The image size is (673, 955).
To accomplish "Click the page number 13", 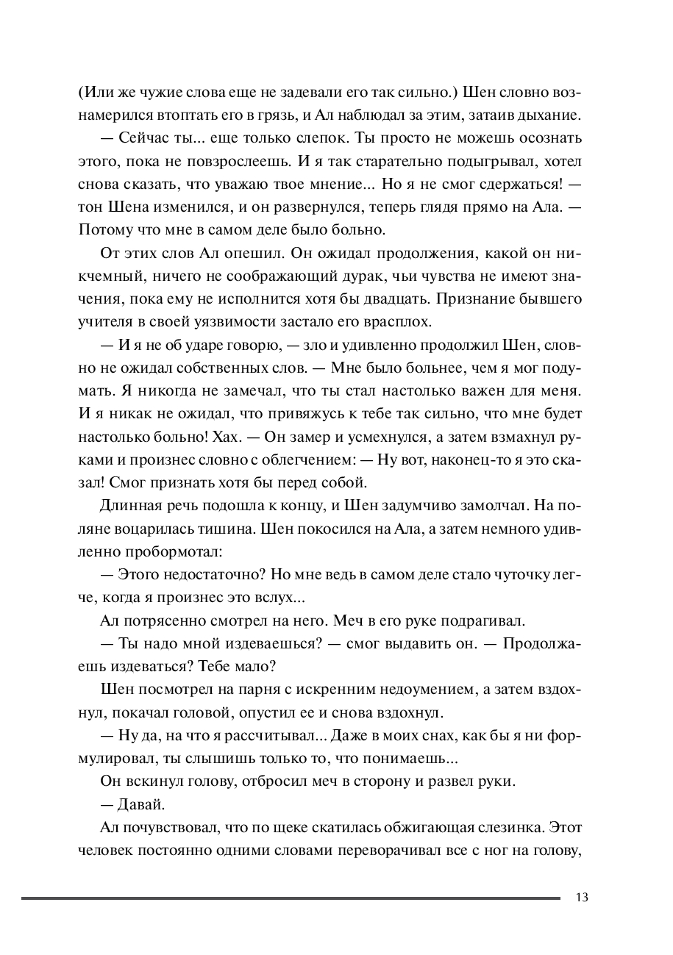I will [x=583, y=897].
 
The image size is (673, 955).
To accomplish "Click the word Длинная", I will [x=128, y=507].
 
